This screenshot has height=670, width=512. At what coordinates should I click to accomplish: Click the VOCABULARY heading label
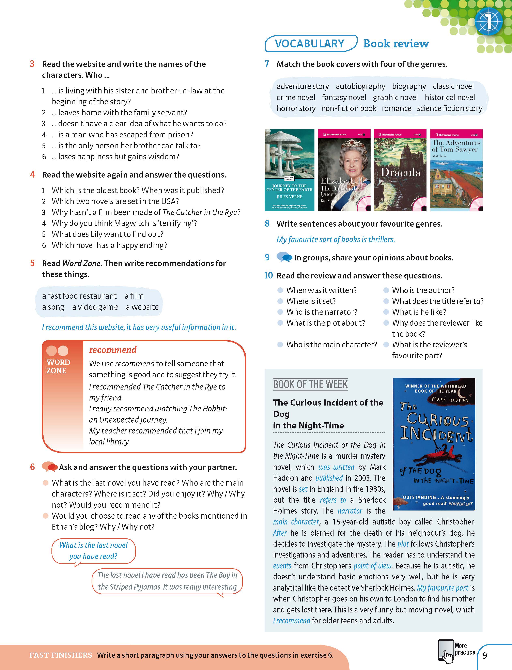pos(310,44)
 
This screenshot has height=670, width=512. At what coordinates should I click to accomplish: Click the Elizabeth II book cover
pos(344,170)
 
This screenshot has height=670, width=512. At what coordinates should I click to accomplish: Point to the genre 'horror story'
pos(296,108)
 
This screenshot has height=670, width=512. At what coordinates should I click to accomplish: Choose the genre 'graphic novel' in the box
pos(395,97)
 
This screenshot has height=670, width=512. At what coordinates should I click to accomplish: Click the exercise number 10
pos(268,276)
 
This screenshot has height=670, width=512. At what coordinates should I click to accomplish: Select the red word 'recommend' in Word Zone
pos(113,350)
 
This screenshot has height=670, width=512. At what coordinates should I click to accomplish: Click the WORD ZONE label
pos(58,366)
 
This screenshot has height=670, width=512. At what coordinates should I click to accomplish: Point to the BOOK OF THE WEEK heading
pos(310,384)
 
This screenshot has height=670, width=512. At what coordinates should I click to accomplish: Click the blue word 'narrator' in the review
pos(350,511)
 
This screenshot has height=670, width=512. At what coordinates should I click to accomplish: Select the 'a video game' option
pos(95,307)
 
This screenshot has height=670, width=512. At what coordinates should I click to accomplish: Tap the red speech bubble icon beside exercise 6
pos(49,467)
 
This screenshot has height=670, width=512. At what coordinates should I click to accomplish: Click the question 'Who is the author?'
pos(423,290)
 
